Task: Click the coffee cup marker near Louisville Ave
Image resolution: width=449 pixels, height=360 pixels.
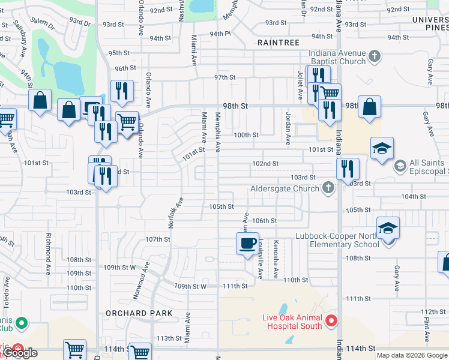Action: (x=247, y=244)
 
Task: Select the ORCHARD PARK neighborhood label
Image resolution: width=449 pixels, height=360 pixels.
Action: (x=139, y=313)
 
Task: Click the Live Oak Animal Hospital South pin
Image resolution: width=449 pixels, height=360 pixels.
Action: (x=331, y=322)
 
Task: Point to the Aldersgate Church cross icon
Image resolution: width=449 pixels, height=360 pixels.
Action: (x=328, y=188)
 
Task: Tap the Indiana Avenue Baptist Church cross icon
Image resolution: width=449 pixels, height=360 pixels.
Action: (x=375, y=57)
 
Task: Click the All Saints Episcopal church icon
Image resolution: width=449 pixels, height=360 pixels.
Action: (x=400, y=164)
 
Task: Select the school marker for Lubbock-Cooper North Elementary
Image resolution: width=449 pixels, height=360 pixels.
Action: (x=388, y=229)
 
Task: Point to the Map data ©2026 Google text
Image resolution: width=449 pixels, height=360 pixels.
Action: (x=411, y=355)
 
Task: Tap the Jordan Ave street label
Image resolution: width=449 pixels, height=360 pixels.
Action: (x=288, y=127)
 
